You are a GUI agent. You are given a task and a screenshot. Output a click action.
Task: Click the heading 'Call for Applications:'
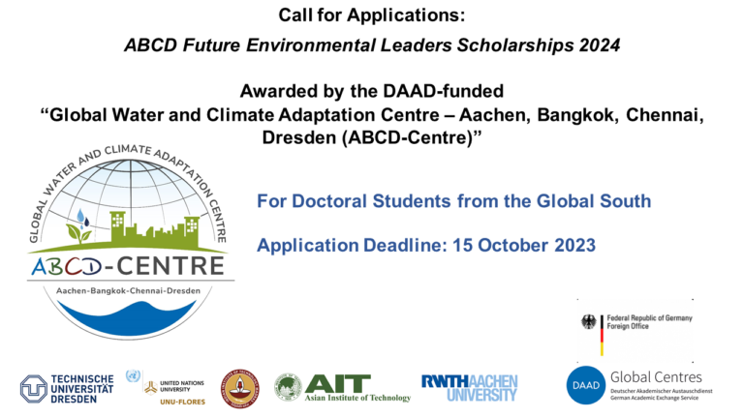(372, 15)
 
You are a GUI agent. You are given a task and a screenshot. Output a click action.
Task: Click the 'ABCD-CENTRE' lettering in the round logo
(128, 266)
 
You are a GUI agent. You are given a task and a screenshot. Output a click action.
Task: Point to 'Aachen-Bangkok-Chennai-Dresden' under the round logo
(128, 290)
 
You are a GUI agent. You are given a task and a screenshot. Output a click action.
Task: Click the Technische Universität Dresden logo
(68, 388)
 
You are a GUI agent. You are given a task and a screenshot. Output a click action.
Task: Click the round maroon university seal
(238, 387)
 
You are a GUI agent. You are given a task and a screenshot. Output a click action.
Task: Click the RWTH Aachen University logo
(469, 387)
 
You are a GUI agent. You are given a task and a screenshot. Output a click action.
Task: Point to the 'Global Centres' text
(656, 376)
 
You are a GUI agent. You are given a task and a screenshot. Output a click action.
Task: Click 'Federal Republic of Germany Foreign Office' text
(648, 321)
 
